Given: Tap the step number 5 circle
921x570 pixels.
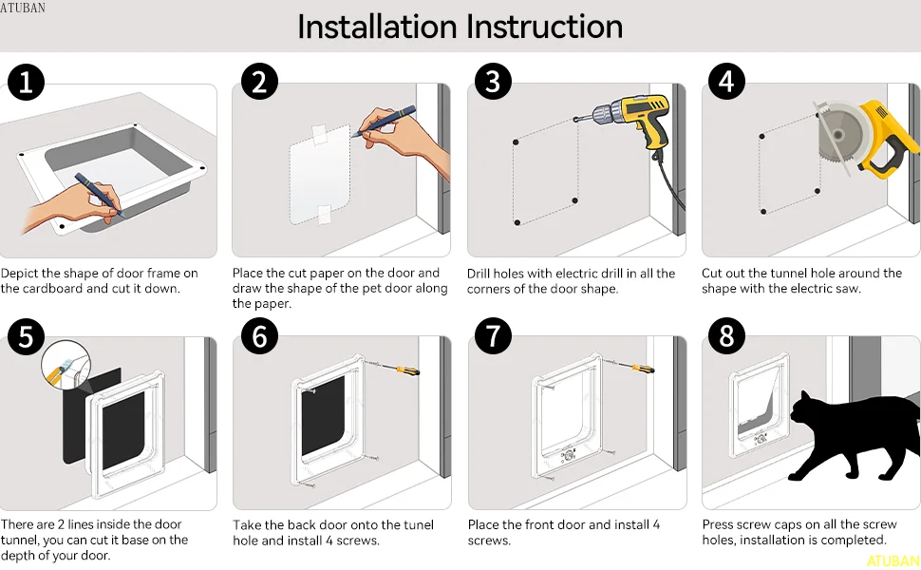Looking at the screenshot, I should pos(26,336).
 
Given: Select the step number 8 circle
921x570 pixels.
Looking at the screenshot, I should pos(726,336).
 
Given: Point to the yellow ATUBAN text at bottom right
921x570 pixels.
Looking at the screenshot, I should pos(893,560).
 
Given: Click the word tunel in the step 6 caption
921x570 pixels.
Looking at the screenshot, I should pos(417,524).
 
